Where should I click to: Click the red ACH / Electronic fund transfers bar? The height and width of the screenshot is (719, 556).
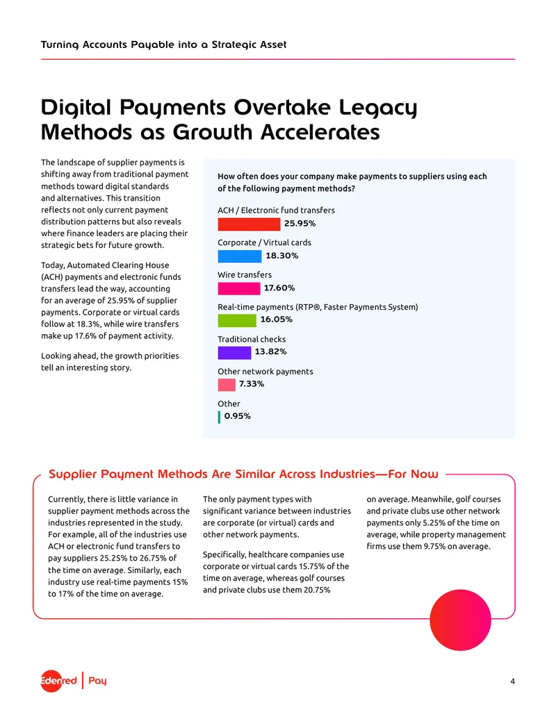point(249,224)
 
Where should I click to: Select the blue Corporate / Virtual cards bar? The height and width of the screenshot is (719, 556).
point(240,256)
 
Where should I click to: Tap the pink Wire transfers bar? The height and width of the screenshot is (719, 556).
point(238,288)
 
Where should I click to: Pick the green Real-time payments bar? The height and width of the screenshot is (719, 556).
point(237,320)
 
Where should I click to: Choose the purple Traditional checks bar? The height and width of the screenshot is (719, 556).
point(234,353)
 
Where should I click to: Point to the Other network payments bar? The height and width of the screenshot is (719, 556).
point(227,385)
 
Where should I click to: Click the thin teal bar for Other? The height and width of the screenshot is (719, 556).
point(219,417)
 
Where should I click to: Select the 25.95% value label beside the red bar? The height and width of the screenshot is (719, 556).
point(300,223)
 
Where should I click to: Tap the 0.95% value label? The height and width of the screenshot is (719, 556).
point(238,416)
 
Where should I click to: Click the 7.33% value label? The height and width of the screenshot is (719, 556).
point(252,383)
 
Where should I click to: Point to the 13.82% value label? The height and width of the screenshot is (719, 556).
point(270,352)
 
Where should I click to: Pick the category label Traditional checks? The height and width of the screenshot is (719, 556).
point(252,339)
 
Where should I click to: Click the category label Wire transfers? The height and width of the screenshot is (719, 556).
point(245,274)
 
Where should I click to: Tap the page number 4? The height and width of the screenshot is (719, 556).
point(512,681)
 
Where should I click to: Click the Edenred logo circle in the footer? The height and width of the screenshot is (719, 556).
point(51,681)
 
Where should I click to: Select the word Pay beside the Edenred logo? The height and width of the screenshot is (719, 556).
point(97,681)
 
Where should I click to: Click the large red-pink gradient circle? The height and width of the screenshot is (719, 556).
point(460,620)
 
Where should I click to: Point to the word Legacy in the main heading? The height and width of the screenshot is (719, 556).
point(378,108)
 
